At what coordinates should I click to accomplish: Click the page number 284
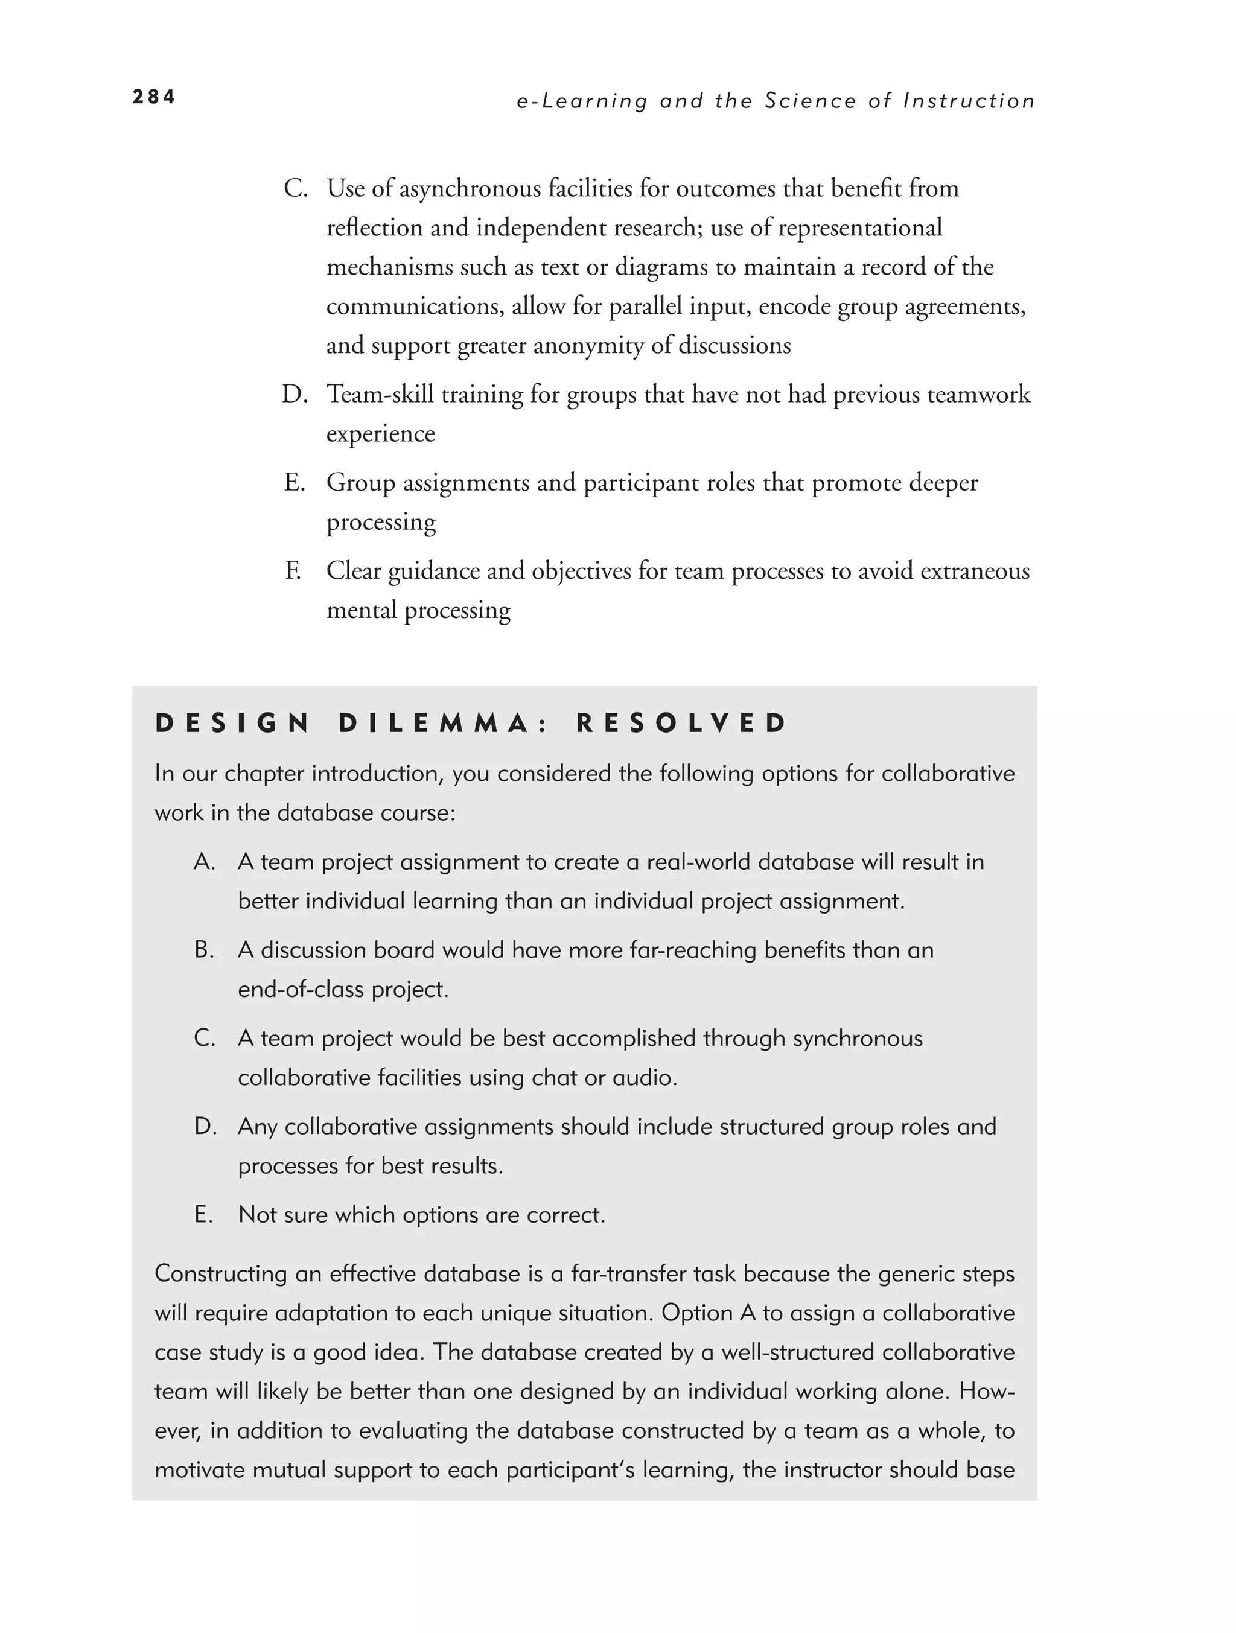tap(153, 97)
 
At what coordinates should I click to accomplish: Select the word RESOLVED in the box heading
tap(681, 723)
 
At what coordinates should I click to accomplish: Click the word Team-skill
tap(380, 394)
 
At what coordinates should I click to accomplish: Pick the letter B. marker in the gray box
tap(204, 949)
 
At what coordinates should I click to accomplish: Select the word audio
tap(644, 1077)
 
